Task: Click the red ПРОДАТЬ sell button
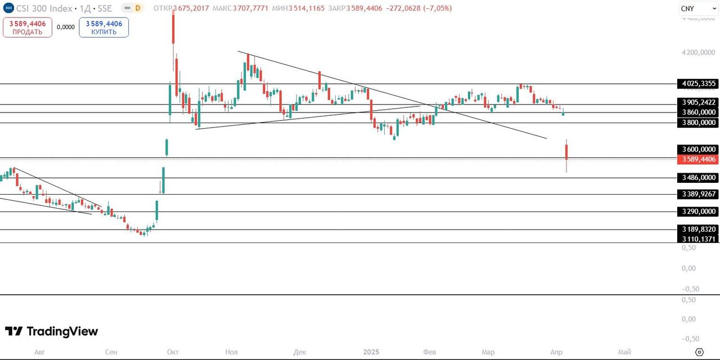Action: point(27,27)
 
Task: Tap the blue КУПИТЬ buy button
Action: point(103,27)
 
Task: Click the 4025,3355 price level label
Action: point(699,84)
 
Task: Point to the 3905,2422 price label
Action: point(699,102)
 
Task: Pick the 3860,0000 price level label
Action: point(699,112)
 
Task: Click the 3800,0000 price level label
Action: point(699,123)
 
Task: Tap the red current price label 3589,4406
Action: point(699,159)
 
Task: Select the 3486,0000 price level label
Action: point(699,178)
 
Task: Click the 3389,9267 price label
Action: point(699,195)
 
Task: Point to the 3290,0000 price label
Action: point(699,211)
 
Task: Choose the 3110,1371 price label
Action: point(699,239)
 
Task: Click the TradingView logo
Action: point(51,331)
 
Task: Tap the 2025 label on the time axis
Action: point(371,352)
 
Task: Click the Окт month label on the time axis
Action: point(173,352)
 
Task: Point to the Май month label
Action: point(624,352)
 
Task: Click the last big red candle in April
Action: point(566,152)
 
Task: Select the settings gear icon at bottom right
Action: point(699,352)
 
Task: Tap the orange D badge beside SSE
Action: point(137,8)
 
